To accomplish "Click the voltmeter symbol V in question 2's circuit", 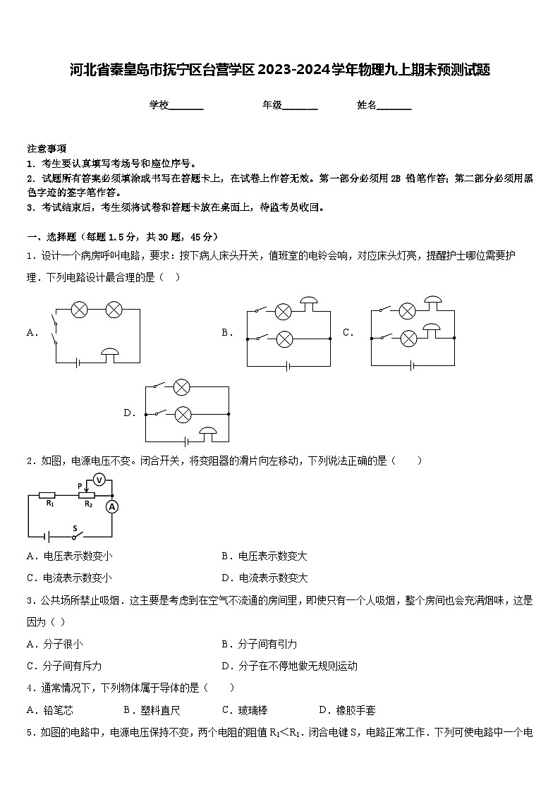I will point(99,480).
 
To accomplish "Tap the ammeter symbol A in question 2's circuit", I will point(111,506).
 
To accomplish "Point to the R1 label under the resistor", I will point(49,504).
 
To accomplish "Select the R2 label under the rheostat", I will point(88,504).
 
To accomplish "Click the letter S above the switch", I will point(74,528).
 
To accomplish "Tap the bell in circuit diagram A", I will point(110,353).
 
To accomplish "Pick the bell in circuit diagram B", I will point(308,303).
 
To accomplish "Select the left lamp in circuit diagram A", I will point(80,309).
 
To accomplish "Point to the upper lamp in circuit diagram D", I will point(182,387).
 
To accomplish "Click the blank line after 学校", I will point(186,106).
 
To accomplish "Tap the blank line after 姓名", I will point(394,106).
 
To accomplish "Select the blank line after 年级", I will point(300,106).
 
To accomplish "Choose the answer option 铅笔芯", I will point(58,710).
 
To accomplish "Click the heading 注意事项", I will point(47,149).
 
